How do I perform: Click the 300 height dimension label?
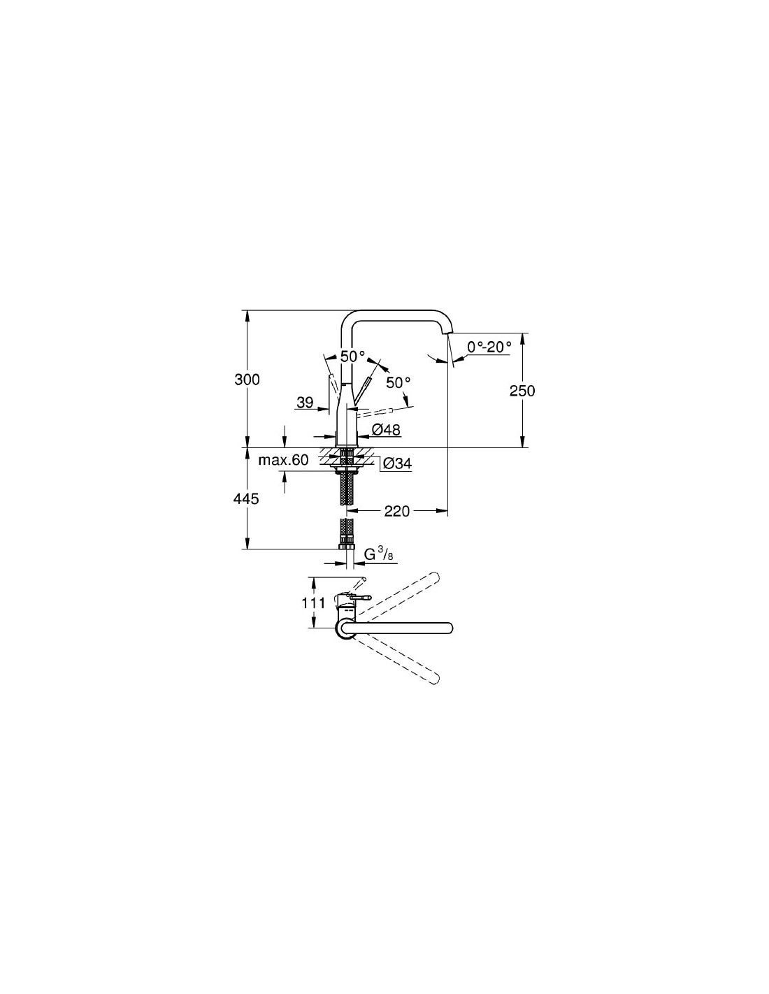click(247, 380)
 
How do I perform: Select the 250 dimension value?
click(522, 391)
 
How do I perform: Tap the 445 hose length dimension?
click(247, 498)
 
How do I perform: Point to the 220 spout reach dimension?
click(396, 511)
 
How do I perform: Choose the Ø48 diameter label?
click(386, 429)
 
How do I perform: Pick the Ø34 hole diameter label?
click(397, 464)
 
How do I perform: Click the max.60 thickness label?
click(284, 460)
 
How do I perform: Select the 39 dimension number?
click(305, 403)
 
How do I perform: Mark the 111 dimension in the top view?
click(313, 603)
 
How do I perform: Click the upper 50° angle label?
click(353, 356)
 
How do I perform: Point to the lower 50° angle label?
click(398, 382)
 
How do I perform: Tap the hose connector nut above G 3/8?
click(347, 546)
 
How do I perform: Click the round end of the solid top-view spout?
click(447, 628)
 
